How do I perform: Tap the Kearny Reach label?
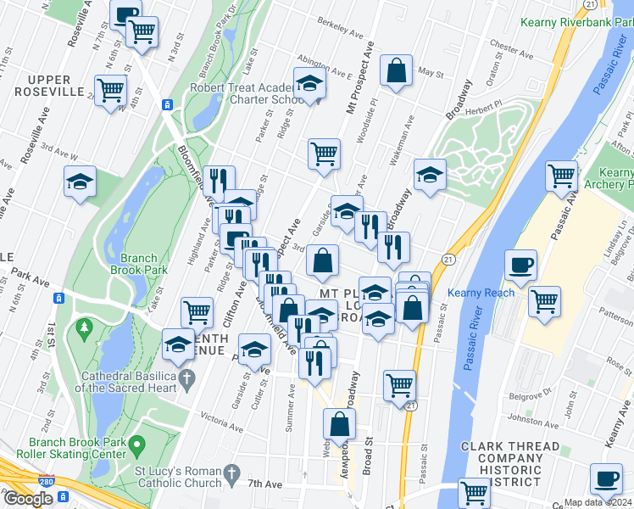[481, 293]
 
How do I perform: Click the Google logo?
[27, 498]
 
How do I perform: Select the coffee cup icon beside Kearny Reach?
[520, 265]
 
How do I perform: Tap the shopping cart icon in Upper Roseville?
[111, 90]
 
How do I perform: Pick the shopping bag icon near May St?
[396, 70]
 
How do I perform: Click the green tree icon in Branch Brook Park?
[83, 327]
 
